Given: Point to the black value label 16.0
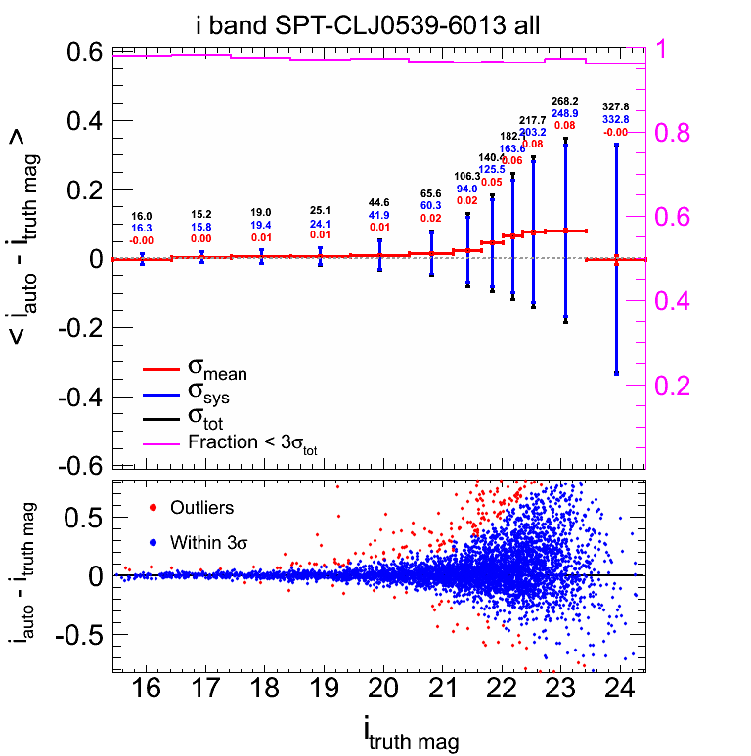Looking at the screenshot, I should click(142, 216).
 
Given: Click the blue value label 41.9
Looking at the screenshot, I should click(379, 215).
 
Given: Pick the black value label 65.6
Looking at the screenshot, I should click(431, 194).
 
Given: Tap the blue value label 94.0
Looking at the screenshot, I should click(466, 189).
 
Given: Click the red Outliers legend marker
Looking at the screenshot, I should click(152, 508).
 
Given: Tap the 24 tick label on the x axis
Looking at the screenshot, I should click(620, 689).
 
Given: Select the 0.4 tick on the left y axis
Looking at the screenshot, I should click(82, 121).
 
